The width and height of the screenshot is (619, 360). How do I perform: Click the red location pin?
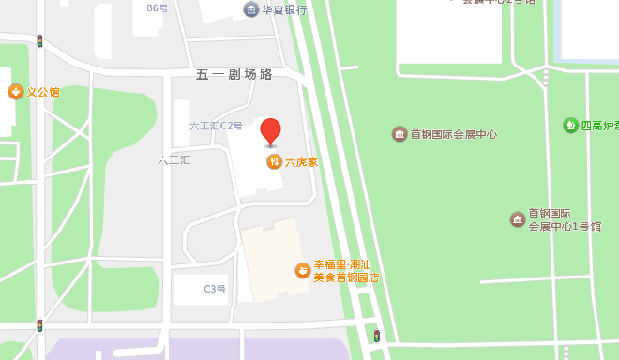pos(270,131)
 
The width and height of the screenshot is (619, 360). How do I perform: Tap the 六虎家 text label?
pos(301,162)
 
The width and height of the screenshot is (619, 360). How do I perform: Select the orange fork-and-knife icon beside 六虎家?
pos(274,162)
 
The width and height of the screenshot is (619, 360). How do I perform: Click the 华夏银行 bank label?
pos(284,9)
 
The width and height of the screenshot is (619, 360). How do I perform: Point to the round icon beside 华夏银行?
pos(250,9)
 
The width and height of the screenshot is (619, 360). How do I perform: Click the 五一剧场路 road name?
pos(234,74)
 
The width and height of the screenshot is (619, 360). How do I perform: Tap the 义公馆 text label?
pos(42,92)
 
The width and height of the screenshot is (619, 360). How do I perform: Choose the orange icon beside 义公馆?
pos(15,92)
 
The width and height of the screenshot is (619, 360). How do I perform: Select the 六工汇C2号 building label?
pos(216,126)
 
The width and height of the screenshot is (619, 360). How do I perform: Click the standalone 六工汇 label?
pos(174,160)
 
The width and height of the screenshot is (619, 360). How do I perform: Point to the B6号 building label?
pos(157,7)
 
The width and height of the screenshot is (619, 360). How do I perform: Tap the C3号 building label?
pos(215,289)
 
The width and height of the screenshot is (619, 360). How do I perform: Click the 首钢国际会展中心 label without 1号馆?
pos(453,134)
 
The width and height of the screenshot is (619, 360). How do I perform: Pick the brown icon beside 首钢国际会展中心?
pos(400,134)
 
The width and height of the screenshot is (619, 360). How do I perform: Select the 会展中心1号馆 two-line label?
pos(559,219)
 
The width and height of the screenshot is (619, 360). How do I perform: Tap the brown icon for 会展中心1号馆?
pos(518,219)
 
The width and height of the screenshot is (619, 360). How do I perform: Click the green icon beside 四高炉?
pos(570,125)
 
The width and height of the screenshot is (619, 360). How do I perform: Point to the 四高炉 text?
pos(598,125)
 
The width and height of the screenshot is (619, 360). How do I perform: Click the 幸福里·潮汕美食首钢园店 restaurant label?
pos(346,270)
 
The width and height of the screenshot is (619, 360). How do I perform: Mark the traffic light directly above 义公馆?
pos(39,41)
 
